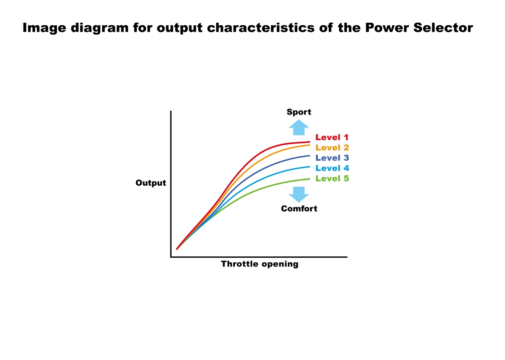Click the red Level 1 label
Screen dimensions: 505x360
332,137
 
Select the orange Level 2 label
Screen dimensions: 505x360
332,148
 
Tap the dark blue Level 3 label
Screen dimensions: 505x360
332,158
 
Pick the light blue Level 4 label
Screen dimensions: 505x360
332,168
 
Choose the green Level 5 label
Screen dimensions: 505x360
332,179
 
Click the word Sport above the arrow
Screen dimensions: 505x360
299,112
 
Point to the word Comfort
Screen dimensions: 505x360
299,209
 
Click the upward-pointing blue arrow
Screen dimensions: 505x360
299,128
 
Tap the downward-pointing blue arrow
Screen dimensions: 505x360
299,195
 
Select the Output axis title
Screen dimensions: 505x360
151,183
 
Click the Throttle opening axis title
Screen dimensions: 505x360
260,264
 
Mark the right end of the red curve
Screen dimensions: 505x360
310,142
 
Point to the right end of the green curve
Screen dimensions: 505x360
310,179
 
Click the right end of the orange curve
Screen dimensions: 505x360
310,145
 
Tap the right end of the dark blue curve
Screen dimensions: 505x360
310,156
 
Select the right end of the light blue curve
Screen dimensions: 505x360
310,167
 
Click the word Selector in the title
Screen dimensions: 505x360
443,28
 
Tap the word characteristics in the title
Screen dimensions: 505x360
260,28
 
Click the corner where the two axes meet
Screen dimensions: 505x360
171,257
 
